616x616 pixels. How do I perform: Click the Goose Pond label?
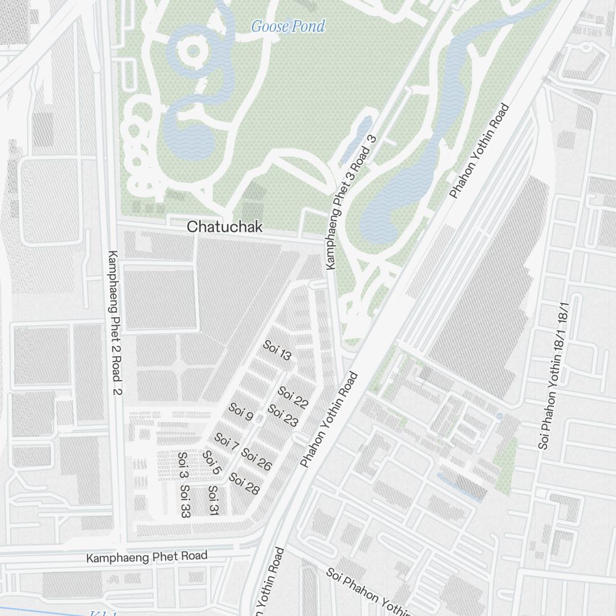(288, 26)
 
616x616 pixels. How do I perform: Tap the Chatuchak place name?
(224, 227)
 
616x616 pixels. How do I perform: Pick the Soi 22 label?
(293, 397)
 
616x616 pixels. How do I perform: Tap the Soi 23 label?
(283, 415)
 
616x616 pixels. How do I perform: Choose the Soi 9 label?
(241, 411)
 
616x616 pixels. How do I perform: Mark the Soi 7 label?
(226, 442)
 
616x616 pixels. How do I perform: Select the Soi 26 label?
(256, 460)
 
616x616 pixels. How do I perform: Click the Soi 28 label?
(244, 484)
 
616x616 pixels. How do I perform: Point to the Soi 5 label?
(211, 463)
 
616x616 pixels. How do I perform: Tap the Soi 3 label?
(183, 465)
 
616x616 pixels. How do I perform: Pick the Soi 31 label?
(213, 501)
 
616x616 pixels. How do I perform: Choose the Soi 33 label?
(185, 501)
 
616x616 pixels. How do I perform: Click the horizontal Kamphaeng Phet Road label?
(147, 556)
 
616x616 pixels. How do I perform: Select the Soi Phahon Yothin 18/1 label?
(553, 376)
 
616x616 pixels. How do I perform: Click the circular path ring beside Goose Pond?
(193, 50)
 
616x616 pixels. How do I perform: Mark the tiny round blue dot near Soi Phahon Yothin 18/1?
(499, 416)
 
